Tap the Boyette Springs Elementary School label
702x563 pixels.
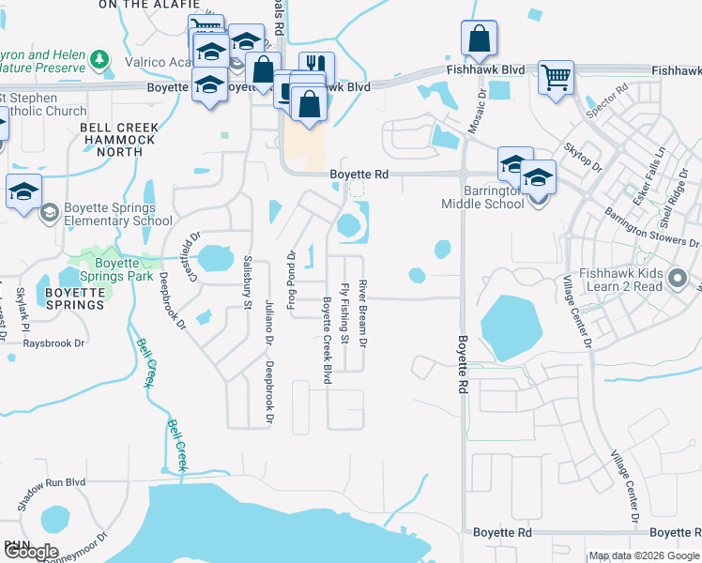click(119, 215)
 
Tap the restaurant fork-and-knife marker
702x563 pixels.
click(316, 66)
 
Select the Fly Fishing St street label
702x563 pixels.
click(345, 312)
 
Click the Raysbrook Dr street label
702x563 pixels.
click(53, 343)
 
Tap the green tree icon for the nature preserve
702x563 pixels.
click(100, 60)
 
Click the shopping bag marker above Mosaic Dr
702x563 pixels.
click(479, 39)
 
